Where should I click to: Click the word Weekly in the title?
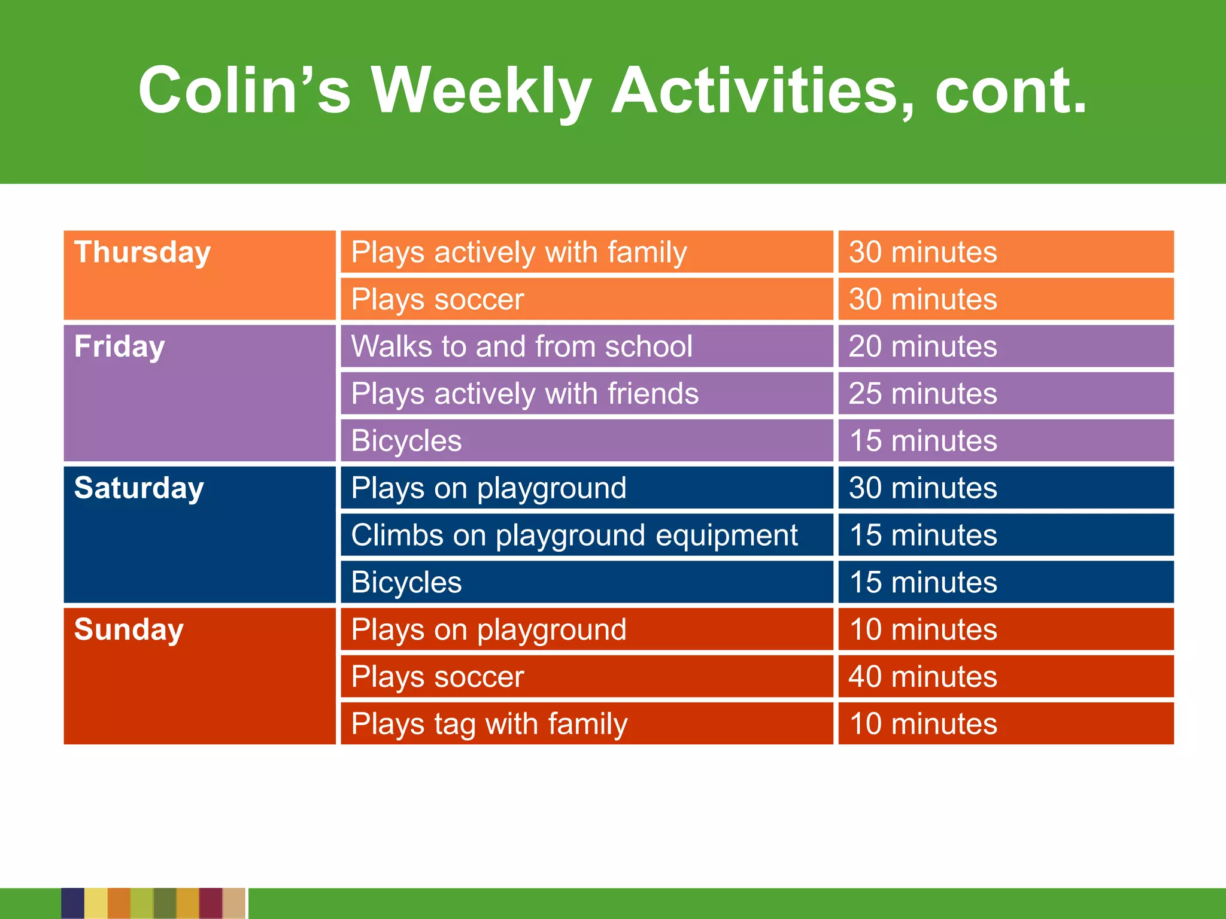482,91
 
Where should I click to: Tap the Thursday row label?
142,252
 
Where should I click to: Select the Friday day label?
119,346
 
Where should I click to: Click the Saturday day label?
139,488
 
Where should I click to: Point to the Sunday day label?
129,629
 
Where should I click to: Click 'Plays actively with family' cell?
518,252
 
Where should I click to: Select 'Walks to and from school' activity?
521,346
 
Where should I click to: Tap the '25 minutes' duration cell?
922,394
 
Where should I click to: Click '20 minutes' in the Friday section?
922,346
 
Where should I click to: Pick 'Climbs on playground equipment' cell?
574,535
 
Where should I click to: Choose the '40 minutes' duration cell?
922,677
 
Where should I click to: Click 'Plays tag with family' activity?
489,724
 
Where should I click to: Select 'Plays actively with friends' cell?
524,394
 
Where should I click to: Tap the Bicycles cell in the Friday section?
406,441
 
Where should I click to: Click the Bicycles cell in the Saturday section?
406,582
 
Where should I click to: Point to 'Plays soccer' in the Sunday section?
438,677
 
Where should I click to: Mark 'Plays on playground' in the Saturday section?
488,488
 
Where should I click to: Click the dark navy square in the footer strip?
72,903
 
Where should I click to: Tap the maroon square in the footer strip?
211,903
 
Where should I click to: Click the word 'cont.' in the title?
1010,91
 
